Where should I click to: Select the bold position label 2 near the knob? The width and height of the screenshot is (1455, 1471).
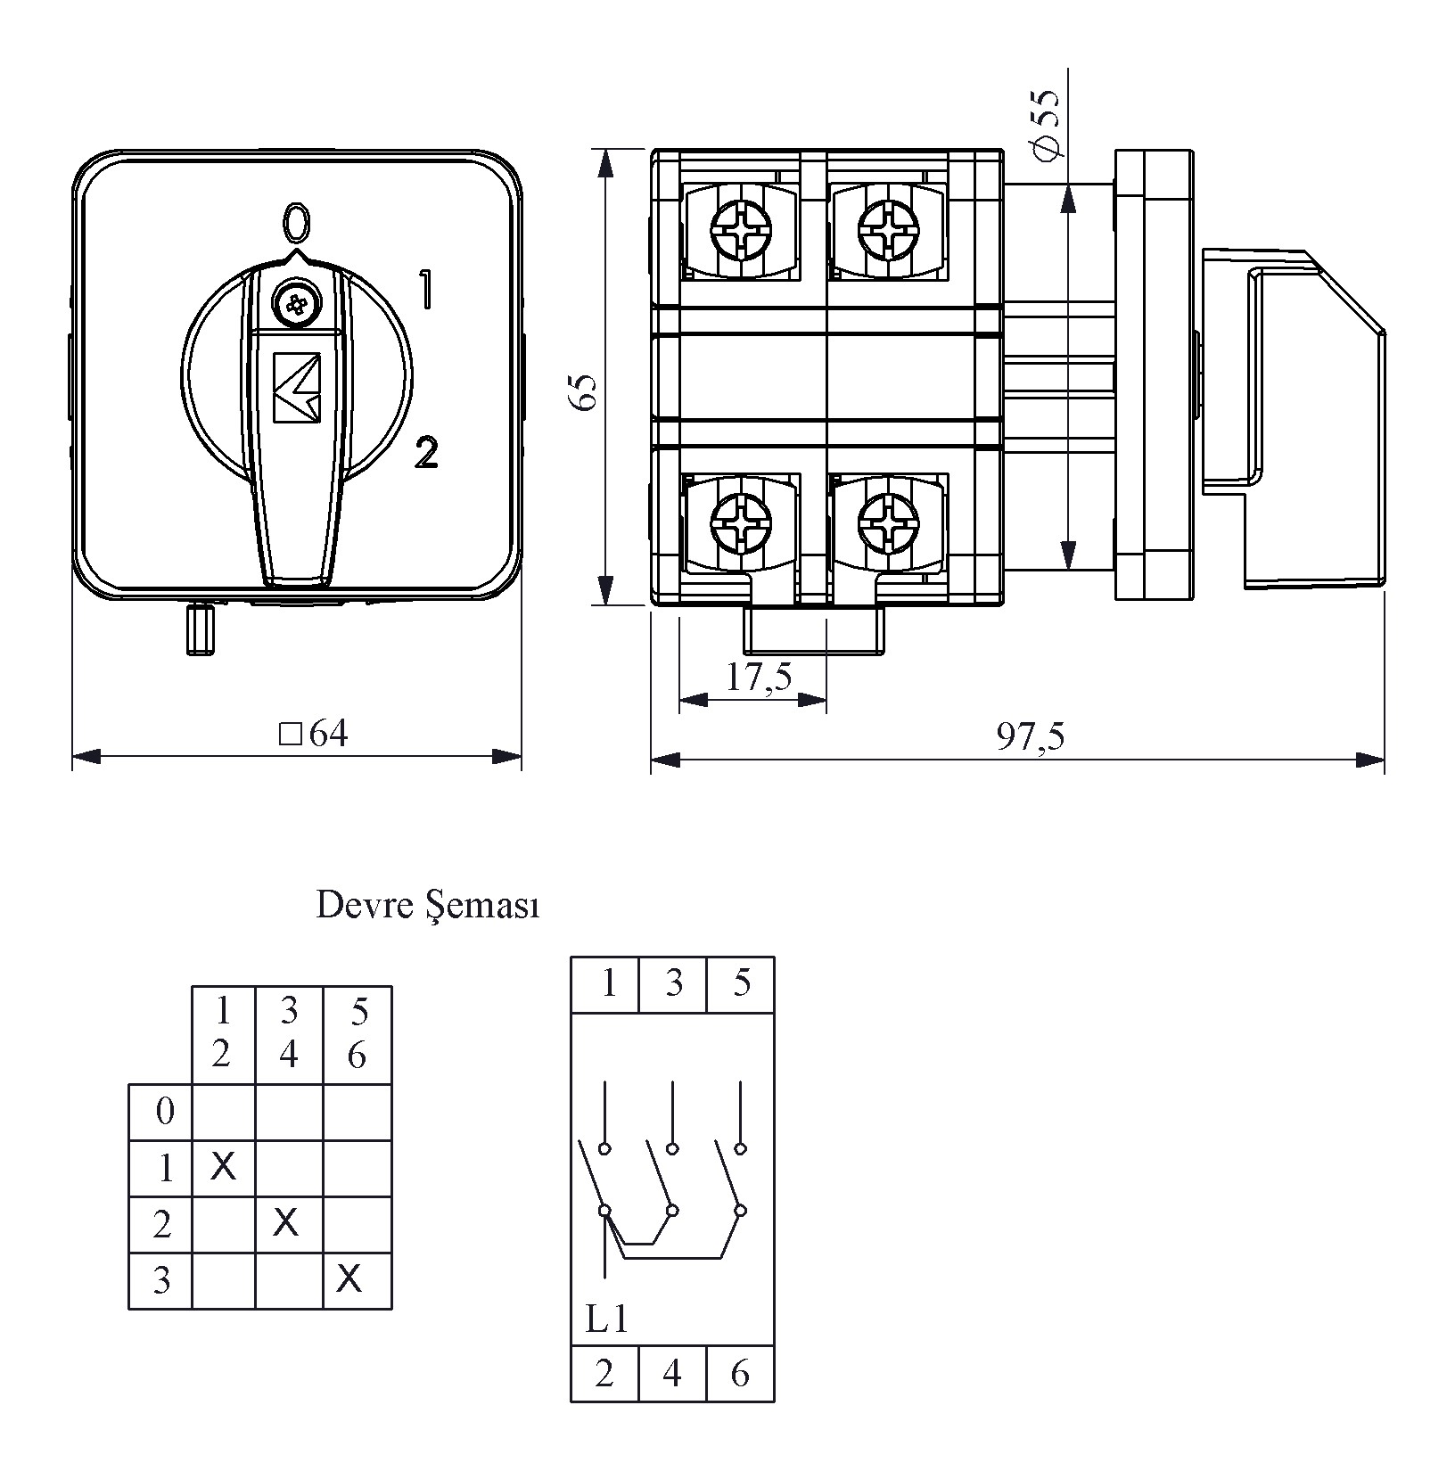coord(426,453)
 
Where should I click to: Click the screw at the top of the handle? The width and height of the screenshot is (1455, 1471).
coord(295,305)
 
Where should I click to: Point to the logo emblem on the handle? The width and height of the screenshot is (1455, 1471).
coord(296,387)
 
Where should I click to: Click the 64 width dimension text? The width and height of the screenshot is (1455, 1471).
coord(314,734)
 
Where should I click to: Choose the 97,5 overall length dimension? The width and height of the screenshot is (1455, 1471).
coord(1031,736)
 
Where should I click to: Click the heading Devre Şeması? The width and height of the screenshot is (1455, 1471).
coord(428,907)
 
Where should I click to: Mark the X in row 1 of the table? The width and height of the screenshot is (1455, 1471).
coord(223,1166)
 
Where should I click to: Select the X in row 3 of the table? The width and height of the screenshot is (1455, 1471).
coord(349,1279)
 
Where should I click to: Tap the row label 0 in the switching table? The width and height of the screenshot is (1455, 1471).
coord(164,1112)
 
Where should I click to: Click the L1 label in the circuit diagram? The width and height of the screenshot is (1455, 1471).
coord(606,1319)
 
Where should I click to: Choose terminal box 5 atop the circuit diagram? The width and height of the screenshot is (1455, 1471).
coord(741,983)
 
